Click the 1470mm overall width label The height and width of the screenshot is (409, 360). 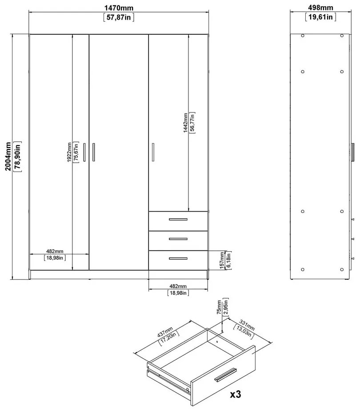click(x=119, y=8)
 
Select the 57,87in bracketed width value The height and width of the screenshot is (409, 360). click(x=119, y=17)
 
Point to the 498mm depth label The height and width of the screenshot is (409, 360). click(x=320, y=8)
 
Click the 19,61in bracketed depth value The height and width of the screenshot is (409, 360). click(x=320, y=17)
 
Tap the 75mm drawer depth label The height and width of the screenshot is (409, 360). click(x=219, y=309)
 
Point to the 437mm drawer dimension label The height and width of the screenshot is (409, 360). click(x=165, y=334)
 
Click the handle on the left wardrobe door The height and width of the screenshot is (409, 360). click(x=84, y=152)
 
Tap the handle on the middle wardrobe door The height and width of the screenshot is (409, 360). click(x=93, y=152)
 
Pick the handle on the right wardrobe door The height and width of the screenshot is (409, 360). click(x=152, y=152)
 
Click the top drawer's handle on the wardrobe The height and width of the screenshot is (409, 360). click(x=178, y=220)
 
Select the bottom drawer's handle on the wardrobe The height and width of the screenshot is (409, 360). click(x=178, y=258)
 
